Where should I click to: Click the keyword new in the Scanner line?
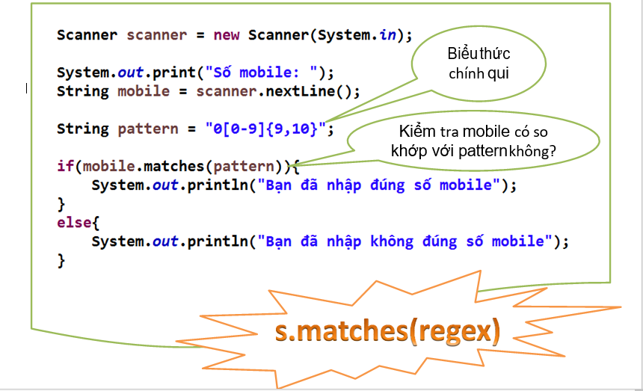tap(227, 34)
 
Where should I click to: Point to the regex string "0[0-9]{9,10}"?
tap(265, 129)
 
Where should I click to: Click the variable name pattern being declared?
tap(148, 129)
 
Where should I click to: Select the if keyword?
tap(65, 165)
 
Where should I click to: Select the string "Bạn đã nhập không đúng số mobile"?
tap(408, 241)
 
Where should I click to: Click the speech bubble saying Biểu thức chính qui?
tap(479, 64)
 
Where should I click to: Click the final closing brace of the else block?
tap(61, 260)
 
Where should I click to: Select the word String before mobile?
tap(82, 91)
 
